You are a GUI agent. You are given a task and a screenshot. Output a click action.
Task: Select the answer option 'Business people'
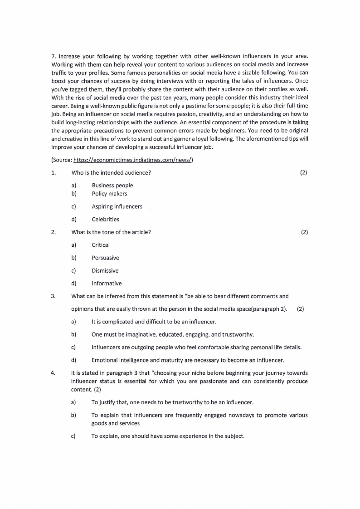112,185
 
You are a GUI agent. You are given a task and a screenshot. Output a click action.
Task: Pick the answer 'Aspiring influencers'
117,206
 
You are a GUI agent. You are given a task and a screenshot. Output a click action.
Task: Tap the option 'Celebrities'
105,219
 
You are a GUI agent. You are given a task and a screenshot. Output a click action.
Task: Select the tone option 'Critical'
101,245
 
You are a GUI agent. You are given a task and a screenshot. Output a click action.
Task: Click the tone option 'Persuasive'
105,258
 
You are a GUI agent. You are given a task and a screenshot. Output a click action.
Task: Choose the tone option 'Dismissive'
105,270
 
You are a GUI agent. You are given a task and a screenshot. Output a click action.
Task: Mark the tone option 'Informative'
107,284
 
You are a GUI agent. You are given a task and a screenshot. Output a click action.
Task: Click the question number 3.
53,296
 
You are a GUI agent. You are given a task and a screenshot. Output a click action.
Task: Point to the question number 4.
53,373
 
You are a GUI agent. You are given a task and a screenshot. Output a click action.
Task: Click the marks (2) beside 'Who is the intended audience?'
303,172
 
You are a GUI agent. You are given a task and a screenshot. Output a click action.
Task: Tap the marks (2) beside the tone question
304,232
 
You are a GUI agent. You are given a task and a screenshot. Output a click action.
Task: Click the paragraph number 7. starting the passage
54,56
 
